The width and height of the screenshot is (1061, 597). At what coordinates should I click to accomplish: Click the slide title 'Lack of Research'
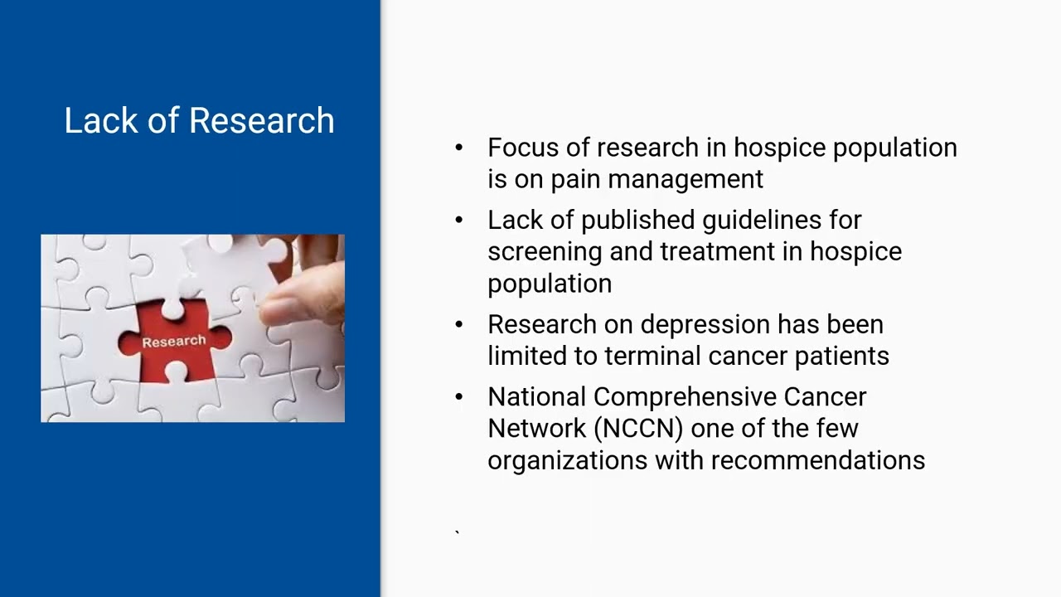(x=199, y=121)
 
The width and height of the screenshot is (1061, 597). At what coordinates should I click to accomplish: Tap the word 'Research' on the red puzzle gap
(x=173, y=342)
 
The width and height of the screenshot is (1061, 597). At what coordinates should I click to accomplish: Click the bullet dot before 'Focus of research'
(x=459, y=148)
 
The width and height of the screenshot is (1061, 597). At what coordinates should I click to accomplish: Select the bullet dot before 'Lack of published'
(x=459, y=221)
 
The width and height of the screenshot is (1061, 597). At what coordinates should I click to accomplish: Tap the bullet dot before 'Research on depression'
(x=459, y=324)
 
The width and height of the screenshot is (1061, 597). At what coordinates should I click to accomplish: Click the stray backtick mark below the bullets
(x=457, y=532)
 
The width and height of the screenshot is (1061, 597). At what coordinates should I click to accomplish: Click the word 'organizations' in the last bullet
(x=567, y=460)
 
